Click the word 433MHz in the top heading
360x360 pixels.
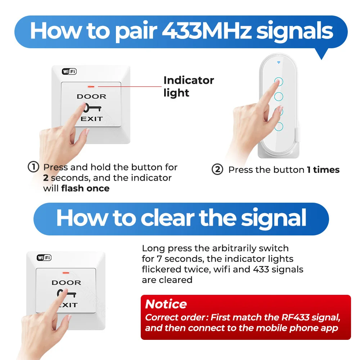pos(207,31)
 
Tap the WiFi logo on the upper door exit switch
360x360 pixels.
pos(69,72)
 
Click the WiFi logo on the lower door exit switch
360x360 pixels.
pos(44,258)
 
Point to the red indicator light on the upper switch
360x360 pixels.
pos(91,86)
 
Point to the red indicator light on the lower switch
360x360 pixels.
pos(66,273)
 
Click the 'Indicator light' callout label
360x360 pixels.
pos(189,86)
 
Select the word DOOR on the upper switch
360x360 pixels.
pos(91,96)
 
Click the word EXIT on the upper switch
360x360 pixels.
pos(91,119)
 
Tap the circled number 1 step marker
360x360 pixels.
pos(33,167)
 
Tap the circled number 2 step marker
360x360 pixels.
pos(217,170)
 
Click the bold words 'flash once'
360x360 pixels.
pos(85,188)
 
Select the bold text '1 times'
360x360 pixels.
pos(323,170)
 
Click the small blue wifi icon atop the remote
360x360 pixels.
pos(279,62)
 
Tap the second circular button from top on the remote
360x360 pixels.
pos(279,96)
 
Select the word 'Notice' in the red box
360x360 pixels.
pos(166,304)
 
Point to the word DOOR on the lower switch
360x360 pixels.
pos(66,283)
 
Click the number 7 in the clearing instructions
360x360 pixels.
pos(159,259)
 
